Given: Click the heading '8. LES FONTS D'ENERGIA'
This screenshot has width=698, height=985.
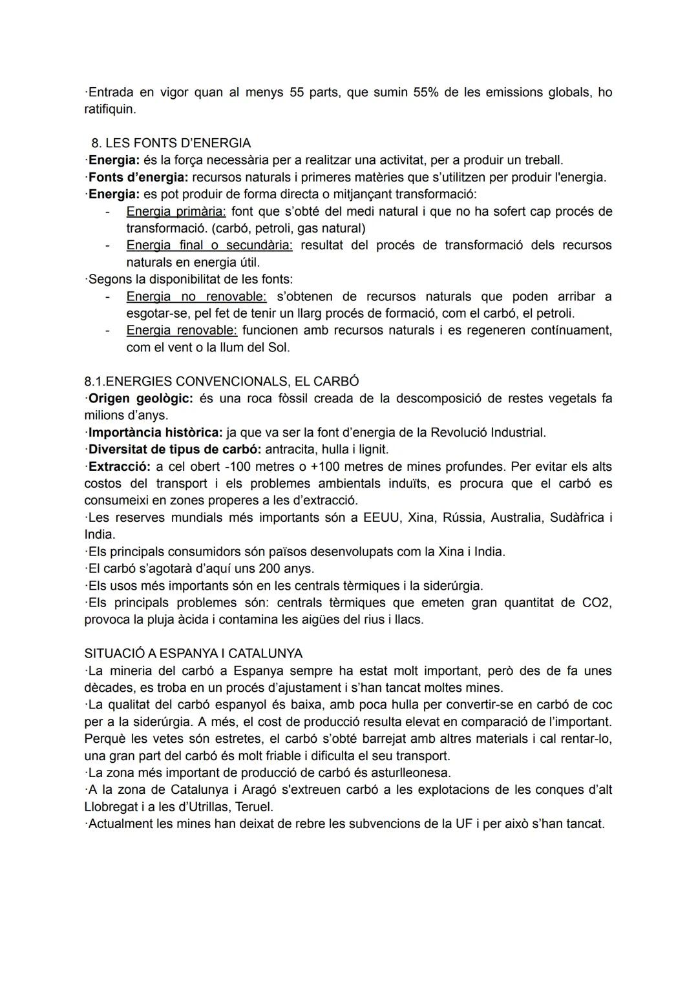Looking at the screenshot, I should [171, 143].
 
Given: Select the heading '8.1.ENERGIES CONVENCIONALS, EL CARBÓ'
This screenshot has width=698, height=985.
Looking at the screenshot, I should [222, 381].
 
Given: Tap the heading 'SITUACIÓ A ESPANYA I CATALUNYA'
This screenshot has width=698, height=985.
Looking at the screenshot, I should [193, 653].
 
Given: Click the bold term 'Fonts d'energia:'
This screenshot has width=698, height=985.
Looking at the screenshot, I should [138, 177].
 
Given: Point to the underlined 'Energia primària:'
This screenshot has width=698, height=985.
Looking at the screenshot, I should [176, 211].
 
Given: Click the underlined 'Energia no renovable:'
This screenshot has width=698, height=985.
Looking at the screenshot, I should [196, 296].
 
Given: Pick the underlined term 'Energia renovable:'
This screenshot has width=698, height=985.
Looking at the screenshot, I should [182, 330].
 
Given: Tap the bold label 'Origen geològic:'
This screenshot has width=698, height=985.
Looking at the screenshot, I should [140, 398].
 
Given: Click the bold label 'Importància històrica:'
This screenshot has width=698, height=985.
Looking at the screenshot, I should [155, 432].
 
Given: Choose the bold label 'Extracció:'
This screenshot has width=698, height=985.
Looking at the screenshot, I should [119, 466].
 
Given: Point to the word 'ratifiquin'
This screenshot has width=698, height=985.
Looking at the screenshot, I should [109, 109].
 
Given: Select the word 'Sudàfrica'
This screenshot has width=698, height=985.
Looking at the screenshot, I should [576, 517].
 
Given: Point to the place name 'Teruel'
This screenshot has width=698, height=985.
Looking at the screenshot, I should [254, 807].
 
